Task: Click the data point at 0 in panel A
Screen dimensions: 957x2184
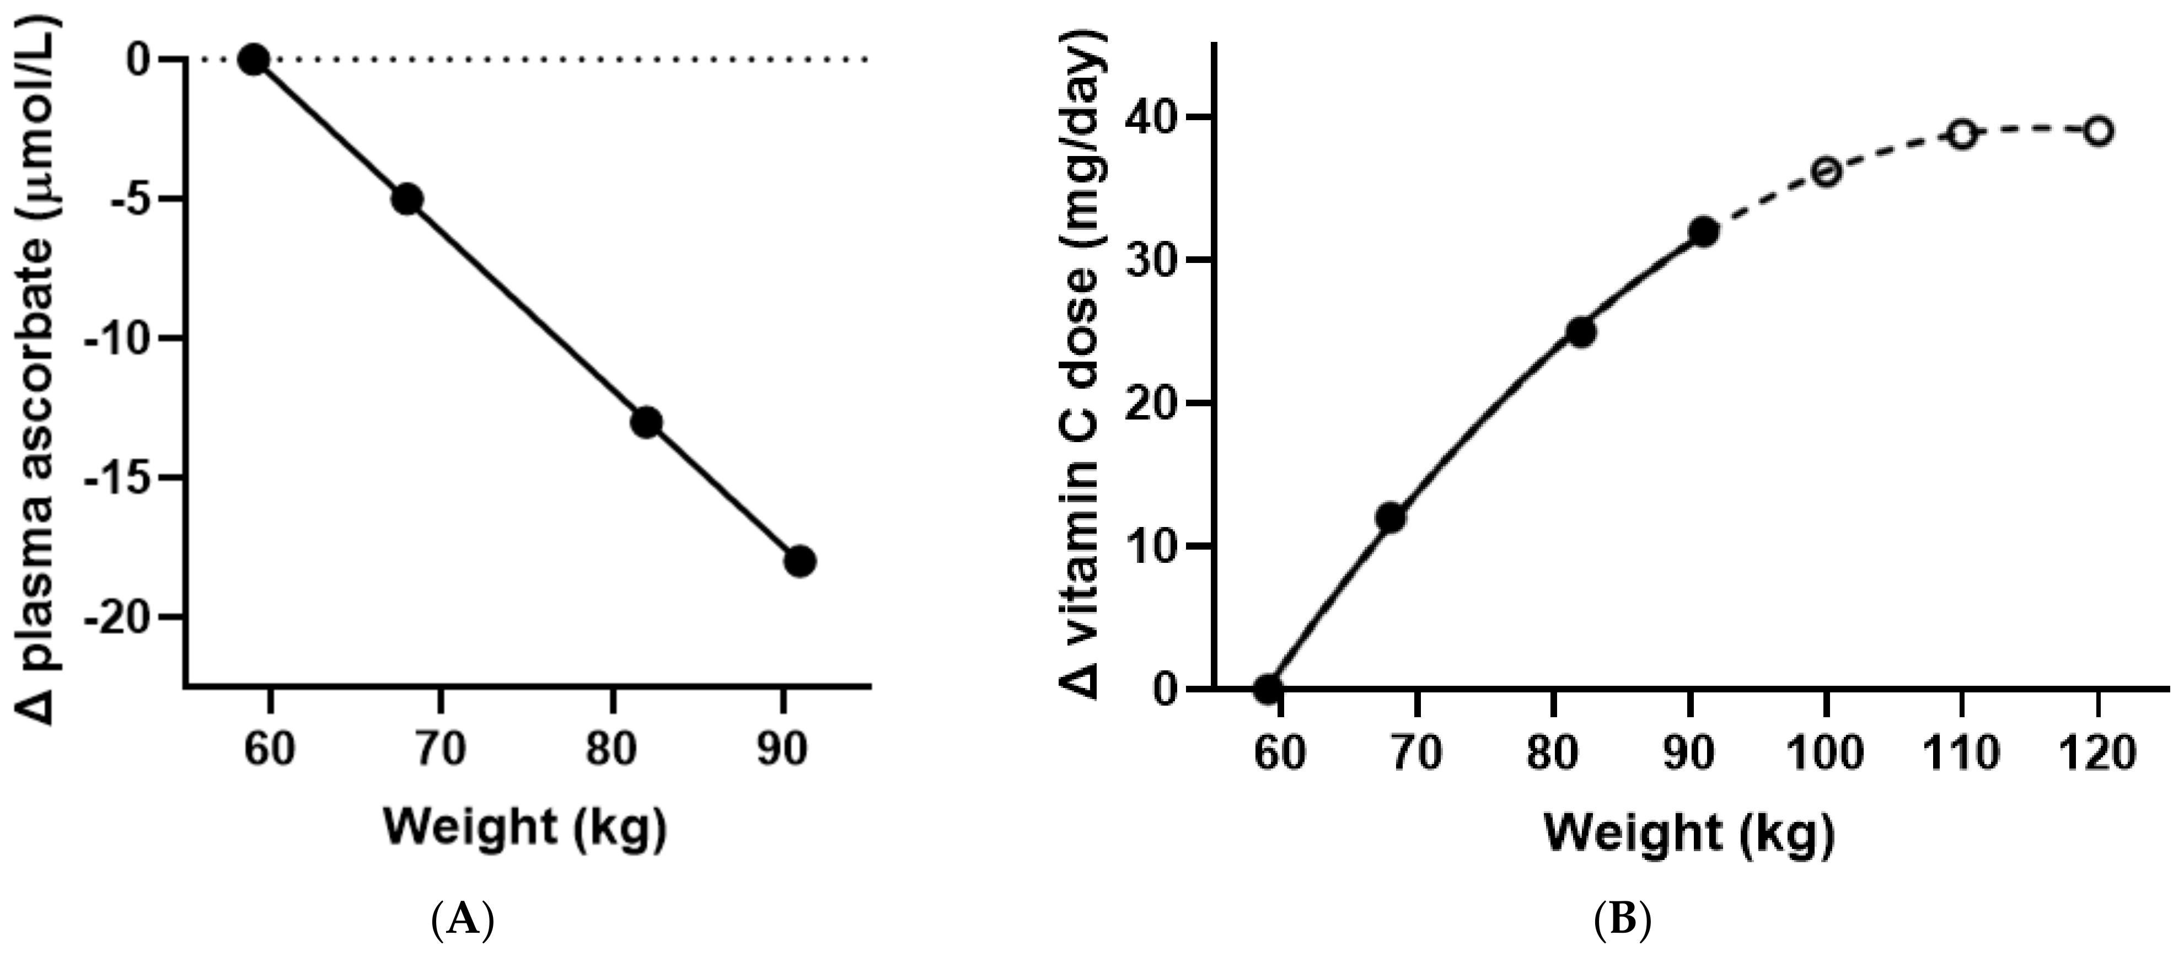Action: tap(254, 60)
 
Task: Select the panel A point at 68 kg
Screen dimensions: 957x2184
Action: tap(408, 199)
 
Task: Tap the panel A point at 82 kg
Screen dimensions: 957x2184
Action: tap(647, 422)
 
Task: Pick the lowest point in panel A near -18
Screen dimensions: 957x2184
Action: tap(799, 561)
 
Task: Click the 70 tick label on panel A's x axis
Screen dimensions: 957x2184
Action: tap(441, 749)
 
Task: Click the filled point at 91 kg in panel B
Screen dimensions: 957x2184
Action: tap(1703, 232)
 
